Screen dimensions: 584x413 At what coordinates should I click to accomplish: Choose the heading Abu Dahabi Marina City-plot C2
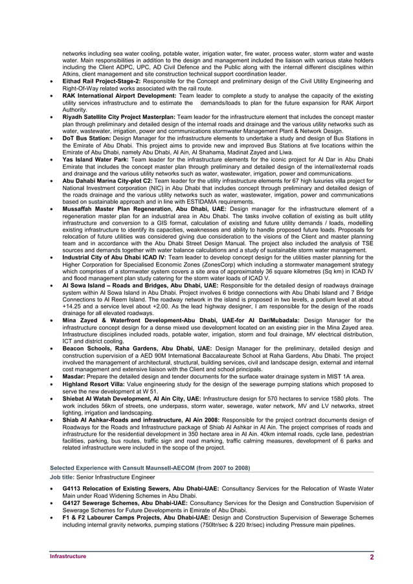(x=107, y=180)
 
